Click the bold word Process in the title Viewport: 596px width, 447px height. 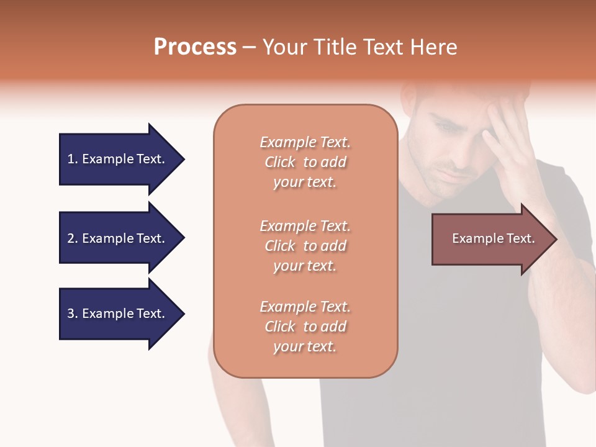[x=195, y=47]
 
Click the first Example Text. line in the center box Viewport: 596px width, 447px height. [x=305, y=142]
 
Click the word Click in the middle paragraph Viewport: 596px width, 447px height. [x=279, y=246]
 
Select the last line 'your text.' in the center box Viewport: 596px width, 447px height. [x=305, y=346]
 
